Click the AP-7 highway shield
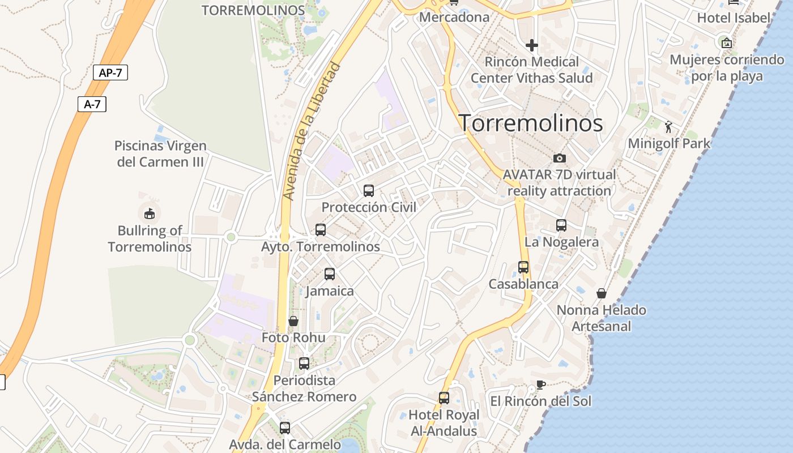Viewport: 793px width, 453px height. pyautogui.click(x=110, y=72)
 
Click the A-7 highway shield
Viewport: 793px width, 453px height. pyautogui.click(x=92, y=104)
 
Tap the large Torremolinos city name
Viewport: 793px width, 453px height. pyautogui.click(x=530, y=123)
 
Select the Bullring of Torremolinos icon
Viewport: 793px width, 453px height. pyautogui.click(x=149, y=213)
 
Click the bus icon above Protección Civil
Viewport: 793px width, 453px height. pyautogui.click(x=369, y=191)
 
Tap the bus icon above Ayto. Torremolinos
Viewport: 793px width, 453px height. pyautogui.click(x=321, y=230)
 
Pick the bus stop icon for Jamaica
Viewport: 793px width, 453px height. pyautogui.click(x=330, y=275)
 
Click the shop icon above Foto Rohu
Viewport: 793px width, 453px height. pyautogui.click(x=293, y=321)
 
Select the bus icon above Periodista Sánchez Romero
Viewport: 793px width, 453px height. pyautogui.click(x=304, y=364)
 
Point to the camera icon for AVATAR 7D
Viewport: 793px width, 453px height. pyautogui.click(x=560, y=158)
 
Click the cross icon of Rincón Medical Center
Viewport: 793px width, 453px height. pyautogui.click(x=531, y=45)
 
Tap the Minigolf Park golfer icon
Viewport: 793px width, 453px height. pyautogui.click(x=668, y=127)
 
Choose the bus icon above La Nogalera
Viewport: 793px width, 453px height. pyautogui.click(x=561, y=225)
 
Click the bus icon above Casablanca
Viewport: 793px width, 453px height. pyautogui.click(x=523, y=267)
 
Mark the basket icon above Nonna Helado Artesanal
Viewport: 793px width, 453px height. pyautogui.click(x=601, y=293)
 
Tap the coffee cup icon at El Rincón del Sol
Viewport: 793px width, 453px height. pyautogui.click(x=541, y=385)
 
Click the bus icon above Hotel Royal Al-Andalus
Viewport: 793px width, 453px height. pyautogui.click(x=444, y=398)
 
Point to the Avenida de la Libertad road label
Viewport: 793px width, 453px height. pyautogui.click(x=312, y=131)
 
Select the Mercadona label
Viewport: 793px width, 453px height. pyautogui.click(x=454, y=17)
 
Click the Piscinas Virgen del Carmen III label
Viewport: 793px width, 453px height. pyautogui.click(x=160, y=154)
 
